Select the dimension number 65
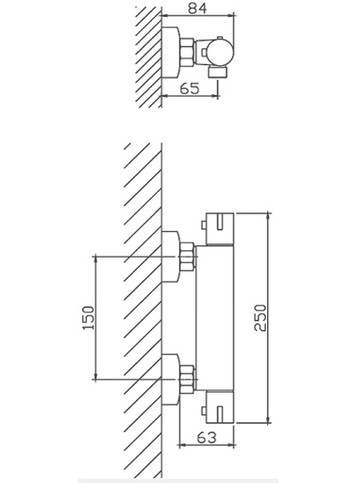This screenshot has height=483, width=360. tap(189, 89)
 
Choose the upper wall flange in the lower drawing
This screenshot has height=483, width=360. tap(172, 256)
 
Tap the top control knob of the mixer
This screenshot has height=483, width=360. tap(220, 229)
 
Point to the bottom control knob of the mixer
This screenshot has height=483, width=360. tap(220, 407)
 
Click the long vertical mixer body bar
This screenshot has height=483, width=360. tap(216, 318)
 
